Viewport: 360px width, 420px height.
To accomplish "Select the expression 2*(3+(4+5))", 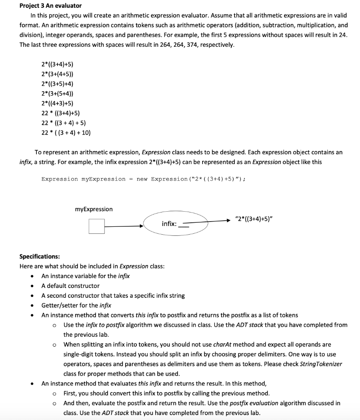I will pyautogui.click(x=57, y=74).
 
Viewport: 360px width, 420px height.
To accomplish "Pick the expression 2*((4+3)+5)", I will pyautogui.click(x=57, y=103).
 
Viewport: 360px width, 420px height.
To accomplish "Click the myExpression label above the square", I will pyautogui.click(x=93, y=209).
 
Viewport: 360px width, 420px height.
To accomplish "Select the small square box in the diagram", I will pyautogui.click(x=97, y=226).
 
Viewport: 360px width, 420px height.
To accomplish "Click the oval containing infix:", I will pyautogui.click(x=176, y=224).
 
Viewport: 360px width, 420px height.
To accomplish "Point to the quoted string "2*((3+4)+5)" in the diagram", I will pyautogui.click(x=254, y=218).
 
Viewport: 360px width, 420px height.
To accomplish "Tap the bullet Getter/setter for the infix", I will pyautogui.click(x=76, y=305).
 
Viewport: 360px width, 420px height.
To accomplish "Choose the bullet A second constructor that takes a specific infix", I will pyautogui.click(x=113, y=296).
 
